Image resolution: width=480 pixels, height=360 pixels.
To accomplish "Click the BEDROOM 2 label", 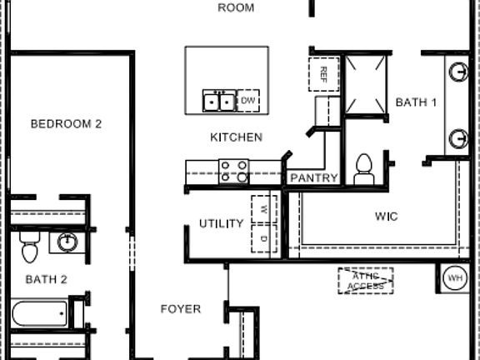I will [x=66, y=124].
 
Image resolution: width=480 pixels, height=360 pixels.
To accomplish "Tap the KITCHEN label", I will [x=236, y=137].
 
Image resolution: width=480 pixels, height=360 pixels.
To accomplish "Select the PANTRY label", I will [x=313, y=178].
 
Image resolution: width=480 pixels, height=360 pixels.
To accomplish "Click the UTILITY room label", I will [x=221, y=224].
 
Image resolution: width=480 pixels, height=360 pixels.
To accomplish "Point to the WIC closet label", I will [x=386, y=217].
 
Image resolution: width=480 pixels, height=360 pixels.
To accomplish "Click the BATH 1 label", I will [x=416, y=102].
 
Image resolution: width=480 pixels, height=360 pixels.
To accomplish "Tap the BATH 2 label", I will [x=46, y=279].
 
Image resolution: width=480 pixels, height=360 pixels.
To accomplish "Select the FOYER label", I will [x=180, y=309].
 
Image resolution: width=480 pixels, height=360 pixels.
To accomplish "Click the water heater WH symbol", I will [x=455, y=277].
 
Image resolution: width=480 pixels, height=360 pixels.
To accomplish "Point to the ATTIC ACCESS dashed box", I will [x=365, y=281].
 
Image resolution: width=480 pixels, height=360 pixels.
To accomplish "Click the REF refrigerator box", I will [x=322, y=73].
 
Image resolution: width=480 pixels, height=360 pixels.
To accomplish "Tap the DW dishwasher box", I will [x=248, y=101].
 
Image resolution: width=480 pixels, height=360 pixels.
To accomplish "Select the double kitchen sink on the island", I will [x=219, y=101].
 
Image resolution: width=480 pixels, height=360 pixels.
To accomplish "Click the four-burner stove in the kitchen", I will [x=233, y=171].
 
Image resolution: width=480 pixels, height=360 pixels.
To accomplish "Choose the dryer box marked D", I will [x=263, y=237].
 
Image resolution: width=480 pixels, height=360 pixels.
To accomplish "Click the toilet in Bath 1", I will [x=363, y=169].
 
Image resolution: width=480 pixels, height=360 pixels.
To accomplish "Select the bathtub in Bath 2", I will [x=39, y=314].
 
